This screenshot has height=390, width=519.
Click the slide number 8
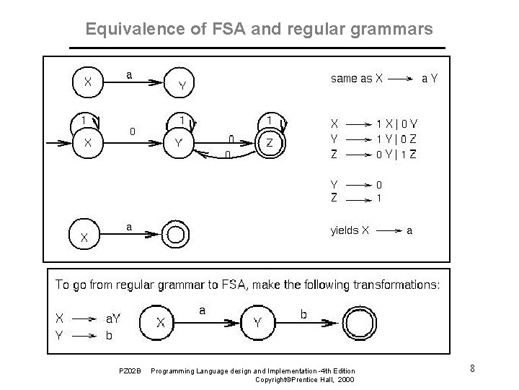pyautogui.click(x=471, y=369)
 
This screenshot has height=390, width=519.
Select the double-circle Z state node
pyautogui.click(x=270, y=143)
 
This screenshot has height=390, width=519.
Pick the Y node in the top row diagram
pyautogui.click(x=182, y=86)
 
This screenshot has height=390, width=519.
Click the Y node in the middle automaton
pyautogui.click(x=177, y=143)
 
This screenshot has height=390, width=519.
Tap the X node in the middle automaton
pyautogui.click(x=87, y=143)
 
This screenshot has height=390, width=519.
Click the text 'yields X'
pyautogui.click(x=350, y=231)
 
